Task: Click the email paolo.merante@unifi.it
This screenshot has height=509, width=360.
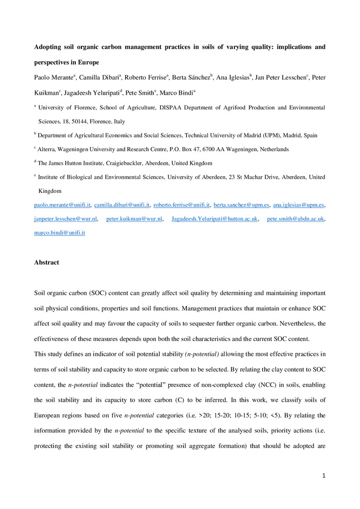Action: click(62, 205)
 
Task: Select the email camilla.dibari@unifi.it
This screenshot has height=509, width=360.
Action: click(122, 205)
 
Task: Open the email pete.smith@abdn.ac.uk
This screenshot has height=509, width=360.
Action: click(295, 219)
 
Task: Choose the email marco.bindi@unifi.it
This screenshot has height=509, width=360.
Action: click(60, 233)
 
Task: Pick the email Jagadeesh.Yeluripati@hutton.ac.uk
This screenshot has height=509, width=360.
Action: click(215, 219)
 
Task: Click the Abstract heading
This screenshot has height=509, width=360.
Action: click(46, 263)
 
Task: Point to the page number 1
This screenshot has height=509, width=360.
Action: click(323, 476)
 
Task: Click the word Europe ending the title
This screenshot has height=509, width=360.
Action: click(88, 62)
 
